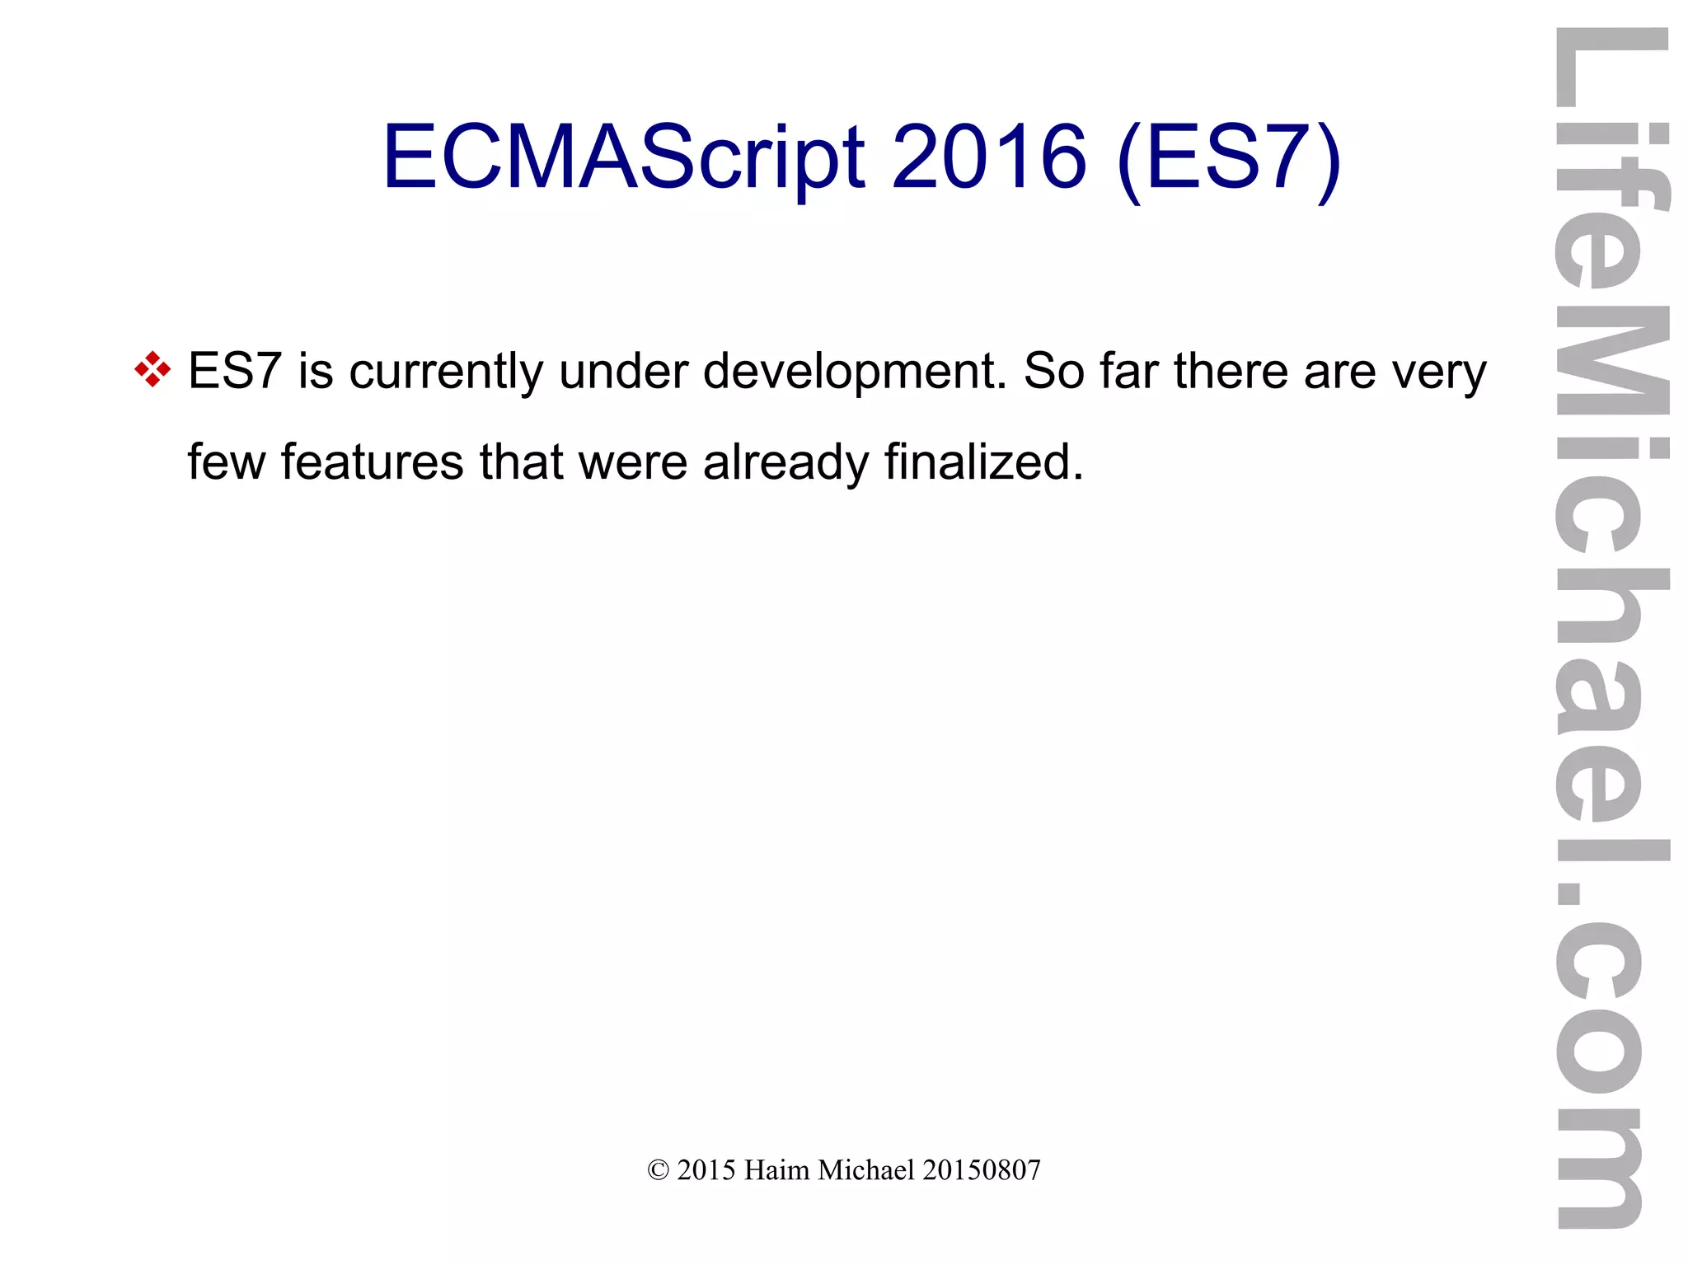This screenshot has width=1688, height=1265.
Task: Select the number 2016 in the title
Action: coord(988,157)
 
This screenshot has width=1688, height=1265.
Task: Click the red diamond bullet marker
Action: coord(152,369)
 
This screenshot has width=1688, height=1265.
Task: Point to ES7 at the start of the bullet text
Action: coord(235,371)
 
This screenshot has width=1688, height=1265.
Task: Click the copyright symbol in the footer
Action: coord(658,1170)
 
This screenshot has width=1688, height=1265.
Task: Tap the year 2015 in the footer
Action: coord(706,1170)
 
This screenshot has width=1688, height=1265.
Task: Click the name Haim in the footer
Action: coord(776,1170)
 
